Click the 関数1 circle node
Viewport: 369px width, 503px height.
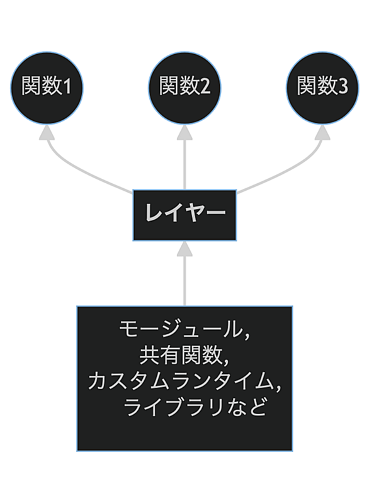coord(47,88)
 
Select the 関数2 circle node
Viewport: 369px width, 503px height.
coord(184,88)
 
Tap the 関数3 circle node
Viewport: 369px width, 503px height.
coord(322,88)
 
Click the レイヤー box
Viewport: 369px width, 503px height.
coord(184,215)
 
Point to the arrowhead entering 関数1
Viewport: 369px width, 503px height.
coord(47,132)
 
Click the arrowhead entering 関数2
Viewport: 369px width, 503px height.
coord(184,132)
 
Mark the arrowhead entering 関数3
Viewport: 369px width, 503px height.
coord(322,132)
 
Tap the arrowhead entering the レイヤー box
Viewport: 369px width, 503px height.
coord(184,249)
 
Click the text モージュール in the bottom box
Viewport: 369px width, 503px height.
coord(180,329)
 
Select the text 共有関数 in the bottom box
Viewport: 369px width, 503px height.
coord(181,355)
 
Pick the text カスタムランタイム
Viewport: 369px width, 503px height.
coord(180,381)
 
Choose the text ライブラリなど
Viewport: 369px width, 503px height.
coord(195,407)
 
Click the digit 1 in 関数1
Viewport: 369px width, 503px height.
coord(67,86)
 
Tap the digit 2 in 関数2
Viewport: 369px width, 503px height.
coord(205,86)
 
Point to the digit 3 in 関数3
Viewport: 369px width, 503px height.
coord(343,86)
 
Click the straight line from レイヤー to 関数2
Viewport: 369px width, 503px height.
coord(184,164)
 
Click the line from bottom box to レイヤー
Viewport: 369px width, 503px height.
coord(184,281)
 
